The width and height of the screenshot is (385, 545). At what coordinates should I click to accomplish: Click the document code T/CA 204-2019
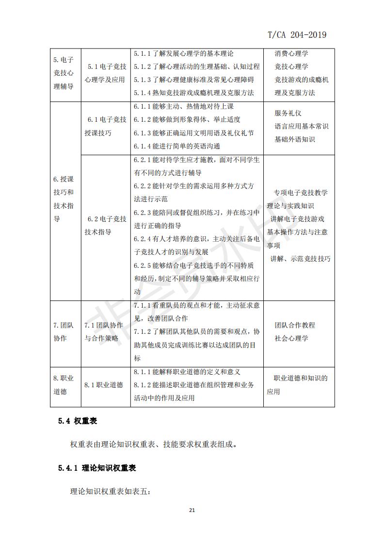click(x=297, y=34)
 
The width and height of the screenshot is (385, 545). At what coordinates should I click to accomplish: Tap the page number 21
click(x=192, y=510)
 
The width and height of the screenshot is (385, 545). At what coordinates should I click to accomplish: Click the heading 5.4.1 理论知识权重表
click(x=97, y=468)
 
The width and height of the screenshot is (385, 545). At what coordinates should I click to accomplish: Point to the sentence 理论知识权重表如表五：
click(x=111, y=492)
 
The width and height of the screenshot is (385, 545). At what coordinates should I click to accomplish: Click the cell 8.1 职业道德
click(x=104, y=385)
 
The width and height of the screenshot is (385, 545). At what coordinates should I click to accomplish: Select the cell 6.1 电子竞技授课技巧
click(x=105, y=126)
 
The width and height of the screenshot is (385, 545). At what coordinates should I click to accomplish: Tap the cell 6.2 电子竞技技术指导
click(x=105, y=226)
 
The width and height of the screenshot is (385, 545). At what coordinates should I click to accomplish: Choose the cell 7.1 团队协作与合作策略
click(x=104, y=331)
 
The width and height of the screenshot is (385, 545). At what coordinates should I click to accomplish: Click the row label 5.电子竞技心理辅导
click(x=64, y=73)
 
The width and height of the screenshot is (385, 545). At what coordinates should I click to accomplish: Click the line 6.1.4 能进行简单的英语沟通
click(x=176, y=146)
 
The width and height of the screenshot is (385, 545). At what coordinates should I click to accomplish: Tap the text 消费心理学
click(x=291, y=53)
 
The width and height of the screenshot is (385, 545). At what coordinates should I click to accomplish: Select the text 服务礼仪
click(x=288, y=113)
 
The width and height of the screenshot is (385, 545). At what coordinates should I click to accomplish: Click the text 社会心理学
click(x=291, y=338)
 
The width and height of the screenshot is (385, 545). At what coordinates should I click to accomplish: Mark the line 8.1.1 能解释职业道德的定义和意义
click(x=187, y=372)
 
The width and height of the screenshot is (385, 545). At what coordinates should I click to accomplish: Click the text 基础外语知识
click(x=294, y=140)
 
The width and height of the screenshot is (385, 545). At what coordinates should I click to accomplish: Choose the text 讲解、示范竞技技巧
click(x=301, y=259)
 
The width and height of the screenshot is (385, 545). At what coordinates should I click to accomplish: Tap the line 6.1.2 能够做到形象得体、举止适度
click(x=187, y=119)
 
